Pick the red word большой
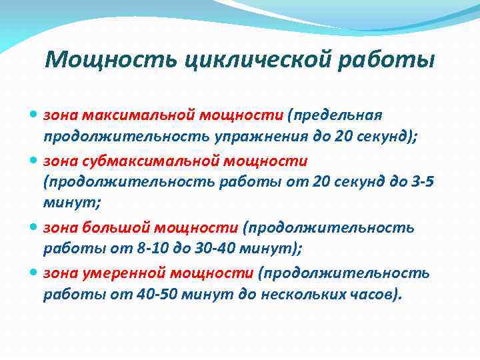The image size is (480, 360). pyautogui.click(x=108, y=227)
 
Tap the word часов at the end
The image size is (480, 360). pyautogui.click(x=377, y=295)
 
